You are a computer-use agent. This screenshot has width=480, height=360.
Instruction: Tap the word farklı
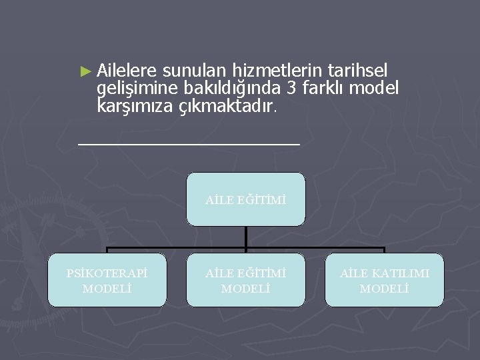(x=325, y=87)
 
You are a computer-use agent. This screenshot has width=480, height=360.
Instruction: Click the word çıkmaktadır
(x=227, y=105)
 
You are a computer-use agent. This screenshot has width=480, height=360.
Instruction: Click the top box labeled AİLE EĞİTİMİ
(x=246, y=199)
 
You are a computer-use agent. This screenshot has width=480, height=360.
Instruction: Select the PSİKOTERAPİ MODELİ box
(x=107, y=280)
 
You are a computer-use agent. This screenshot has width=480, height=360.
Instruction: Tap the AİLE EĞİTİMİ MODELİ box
(x=246, y=280)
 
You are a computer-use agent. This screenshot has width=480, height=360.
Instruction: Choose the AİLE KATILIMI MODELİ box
(x=384, y=280)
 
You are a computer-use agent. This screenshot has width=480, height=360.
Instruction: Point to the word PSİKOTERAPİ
(x=107, y=273)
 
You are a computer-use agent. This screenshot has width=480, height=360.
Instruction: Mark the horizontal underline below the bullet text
(x=189, y=143)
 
